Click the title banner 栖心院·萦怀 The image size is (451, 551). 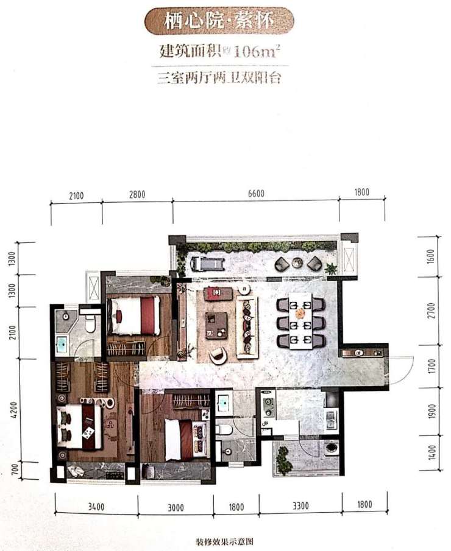coord(219,21)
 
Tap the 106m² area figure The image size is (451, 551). coord(257,52)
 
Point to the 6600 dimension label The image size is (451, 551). coord(256,194)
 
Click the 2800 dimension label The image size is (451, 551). coord(137,194)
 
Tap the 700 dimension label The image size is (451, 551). coord(15,469)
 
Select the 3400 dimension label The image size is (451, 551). coord(96,507)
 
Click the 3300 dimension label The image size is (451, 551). coord(300,506)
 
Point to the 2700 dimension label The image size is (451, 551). coord(431,311)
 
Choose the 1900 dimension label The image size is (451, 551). coord(432,411)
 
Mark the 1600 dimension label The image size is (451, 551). coord(431,257)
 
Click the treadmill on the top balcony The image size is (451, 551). coord(208,262)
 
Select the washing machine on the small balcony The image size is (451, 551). coord(331,448)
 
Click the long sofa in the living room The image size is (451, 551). coord(247,327)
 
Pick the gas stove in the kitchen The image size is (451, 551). coord(268,407)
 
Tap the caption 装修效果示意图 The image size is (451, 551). coord(224,541)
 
